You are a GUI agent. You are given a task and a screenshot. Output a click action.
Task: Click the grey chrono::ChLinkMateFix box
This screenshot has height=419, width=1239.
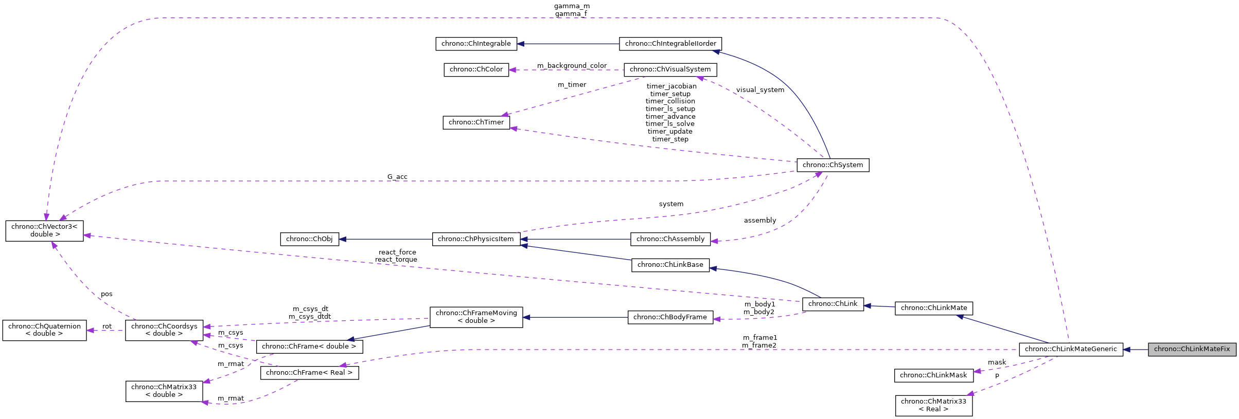(x=1192, y=349)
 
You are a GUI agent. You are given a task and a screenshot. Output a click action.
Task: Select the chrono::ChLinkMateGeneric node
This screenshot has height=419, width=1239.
(x=1070, y=349)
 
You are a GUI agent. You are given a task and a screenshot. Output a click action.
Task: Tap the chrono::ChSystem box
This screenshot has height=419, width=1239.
(x=833, y=165)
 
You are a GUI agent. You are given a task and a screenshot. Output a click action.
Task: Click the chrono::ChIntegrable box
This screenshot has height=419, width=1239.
(x=476, y=44)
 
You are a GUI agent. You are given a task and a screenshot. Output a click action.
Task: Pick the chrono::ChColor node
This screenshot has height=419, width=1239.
(x=476, y=69)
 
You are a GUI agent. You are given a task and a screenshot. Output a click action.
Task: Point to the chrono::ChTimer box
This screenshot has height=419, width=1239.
(x=476, y=122)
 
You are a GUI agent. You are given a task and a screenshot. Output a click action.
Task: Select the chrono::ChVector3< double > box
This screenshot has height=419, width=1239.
(x=44, y=230)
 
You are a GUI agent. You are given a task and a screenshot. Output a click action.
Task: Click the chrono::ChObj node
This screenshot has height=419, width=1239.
(x=309, y=239)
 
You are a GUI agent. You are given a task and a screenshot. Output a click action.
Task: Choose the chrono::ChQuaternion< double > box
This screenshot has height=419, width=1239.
(x=44, y=330)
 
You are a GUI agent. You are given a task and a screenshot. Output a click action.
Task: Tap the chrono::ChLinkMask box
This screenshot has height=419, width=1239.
(x=933, y=375)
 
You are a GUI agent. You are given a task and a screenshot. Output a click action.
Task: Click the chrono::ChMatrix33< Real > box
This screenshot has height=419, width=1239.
(x=933, y=405)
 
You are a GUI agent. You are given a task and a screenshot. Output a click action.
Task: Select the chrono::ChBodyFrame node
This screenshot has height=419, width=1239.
(x=670, y=317)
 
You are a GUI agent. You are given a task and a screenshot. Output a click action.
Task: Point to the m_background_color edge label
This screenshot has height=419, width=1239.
(x=572, y=66)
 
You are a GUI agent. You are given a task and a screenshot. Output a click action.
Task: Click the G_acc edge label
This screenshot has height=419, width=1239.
(x=397, y=177)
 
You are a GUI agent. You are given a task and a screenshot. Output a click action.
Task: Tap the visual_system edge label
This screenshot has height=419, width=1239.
(x=760, y=90)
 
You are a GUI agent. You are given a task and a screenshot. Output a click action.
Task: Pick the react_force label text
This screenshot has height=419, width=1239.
(x=397, y=252)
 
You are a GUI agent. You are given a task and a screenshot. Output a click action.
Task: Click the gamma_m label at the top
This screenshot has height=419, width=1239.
(x=572, y=6)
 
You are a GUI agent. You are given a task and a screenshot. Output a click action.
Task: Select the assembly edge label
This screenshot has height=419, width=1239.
(x=759, y=221)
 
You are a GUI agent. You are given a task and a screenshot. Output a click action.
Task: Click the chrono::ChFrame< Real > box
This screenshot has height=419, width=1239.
(x=309, y=373)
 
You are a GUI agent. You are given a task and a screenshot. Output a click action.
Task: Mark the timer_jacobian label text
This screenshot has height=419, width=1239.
(x=671, y=86)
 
